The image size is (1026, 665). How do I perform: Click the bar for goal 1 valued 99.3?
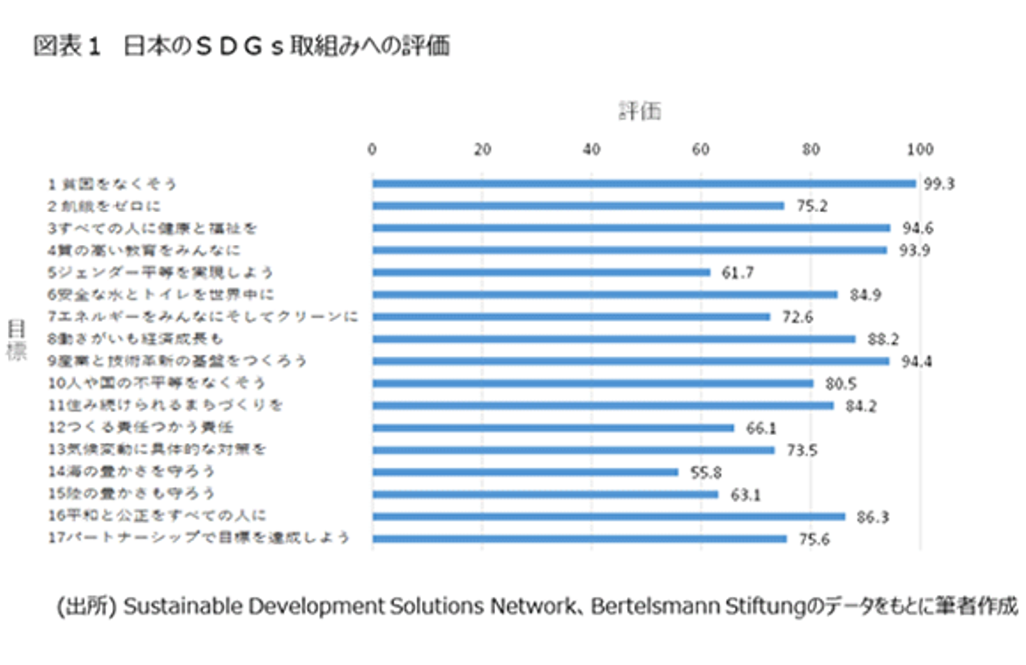(x=643, y=184)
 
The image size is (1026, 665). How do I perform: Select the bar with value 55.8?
(x=525, y=472)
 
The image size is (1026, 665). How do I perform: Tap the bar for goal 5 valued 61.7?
(x=541, y=272)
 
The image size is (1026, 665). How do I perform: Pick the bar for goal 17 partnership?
(x=579, y=539)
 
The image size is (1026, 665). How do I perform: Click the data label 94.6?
(x=917, y=229)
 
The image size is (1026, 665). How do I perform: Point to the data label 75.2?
(x=812, y=206)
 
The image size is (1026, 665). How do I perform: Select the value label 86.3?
(x=872, y=517)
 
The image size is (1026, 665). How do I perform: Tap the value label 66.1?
(x=761, y=428)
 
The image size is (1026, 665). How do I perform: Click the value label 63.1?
(x=745, y=495)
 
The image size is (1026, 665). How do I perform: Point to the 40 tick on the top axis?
(x=591, y=150)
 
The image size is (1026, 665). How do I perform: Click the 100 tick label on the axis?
(x=920, y=150)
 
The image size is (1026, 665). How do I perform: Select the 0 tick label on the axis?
(x=372, y=150)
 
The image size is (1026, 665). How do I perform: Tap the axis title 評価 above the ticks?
(x=640, y=111)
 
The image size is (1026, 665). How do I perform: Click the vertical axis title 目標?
(x=16, y=340)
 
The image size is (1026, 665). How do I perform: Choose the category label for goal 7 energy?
(x=202, y=317)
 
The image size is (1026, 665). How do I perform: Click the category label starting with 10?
(x=156, y=383)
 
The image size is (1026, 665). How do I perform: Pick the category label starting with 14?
(x=131, y=472)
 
